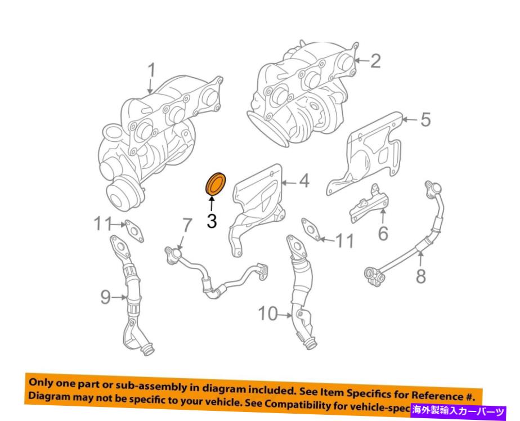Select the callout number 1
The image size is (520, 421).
pyautogui.click(x=151, y=71)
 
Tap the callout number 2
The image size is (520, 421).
pyautogui.click(x=375, y=61)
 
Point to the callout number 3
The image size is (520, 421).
pyautogui.click(x=212, y=221)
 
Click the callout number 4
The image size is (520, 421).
pyautogui.click(x=303, y=181)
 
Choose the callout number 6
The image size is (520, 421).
pyautogui.click(x=383, y=232)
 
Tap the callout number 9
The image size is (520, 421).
pyautogui.click(x=106, y=297)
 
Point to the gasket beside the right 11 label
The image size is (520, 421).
pyautogui.click(x=311, y=229)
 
